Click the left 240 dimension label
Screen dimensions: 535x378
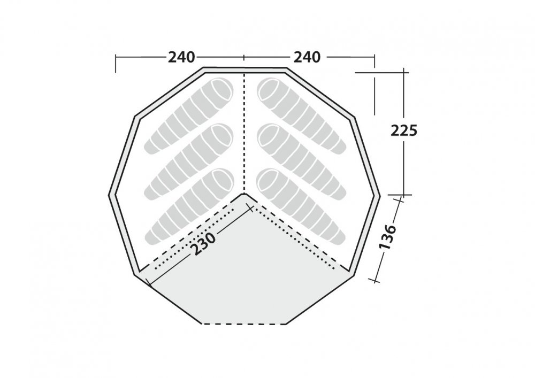point(181,57)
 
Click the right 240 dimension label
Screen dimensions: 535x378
point(307,57)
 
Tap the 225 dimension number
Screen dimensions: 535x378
point(404,130)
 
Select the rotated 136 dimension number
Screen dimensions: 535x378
point(388,237)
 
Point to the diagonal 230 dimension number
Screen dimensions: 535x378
point(203,244)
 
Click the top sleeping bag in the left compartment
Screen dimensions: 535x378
point(189,116)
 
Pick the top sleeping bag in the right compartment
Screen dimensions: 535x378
point(302,116)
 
